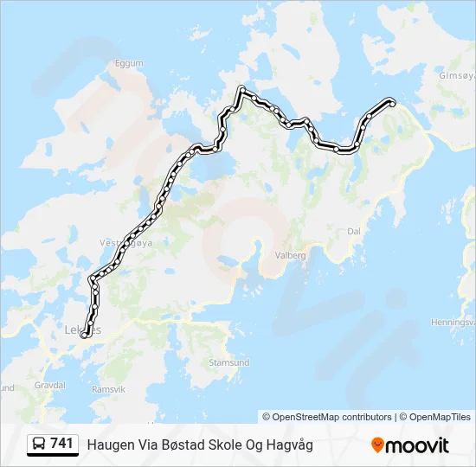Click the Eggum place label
[x=128, y=63]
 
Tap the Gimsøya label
[x=457, y=75]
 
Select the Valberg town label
[x=290, y=256]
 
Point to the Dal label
[x=353, y=232]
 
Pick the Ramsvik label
[x=108, y=389]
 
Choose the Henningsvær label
[x=455, y=323]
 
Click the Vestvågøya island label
[x=125, y=244]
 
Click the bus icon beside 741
[x=39, y=444]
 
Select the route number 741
[x=61, y=444]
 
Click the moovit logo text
[x=418, y=445]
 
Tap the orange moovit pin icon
[x=377, y=445]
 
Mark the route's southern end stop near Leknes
[x=85, y=335]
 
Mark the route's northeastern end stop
[x=392, y=103]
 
